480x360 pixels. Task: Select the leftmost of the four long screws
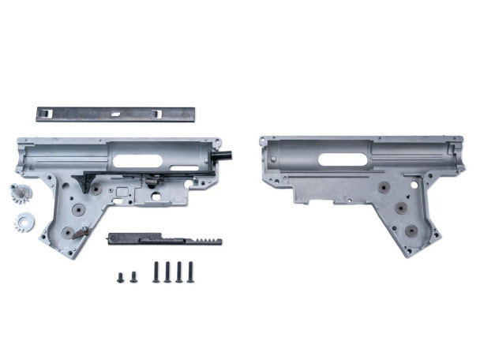coord(156,272)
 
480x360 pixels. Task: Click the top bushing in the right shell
coord(384,188)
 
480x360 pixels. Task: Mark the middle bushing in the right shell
coord(400,208)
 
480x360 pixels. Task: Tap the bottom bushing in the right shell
coord(412,230)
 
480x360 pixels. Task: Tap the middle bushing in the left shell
coord(78,210)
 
